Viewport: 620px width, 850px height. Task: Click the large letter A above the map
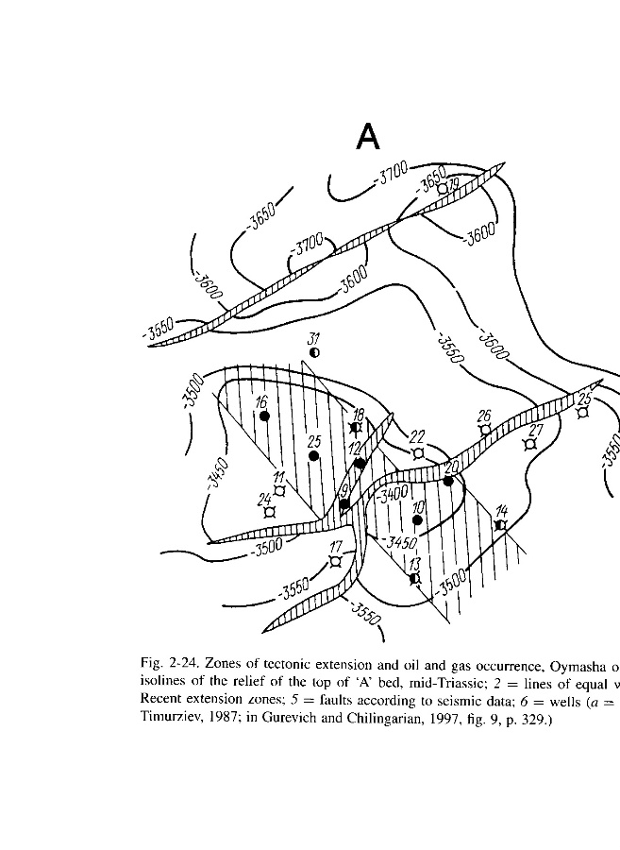tap(368, 138)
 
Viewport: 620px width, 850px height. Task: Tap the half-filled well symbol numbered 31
tap(315, 352)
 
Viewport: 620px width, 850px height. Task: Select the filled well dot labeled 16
tap(265, 416)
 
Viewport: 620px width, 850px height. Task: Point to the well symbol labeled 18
tap(356, 429)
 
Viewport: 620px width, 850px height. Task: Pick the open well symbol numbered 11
tap(279, 490)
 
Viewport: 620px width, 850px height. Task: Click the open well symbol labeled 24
tap(270, 511)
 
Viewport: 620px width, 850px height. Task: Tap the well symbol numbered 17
tap(335, 561)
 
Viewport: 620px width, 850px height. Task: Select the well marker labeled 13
tap(414, 578)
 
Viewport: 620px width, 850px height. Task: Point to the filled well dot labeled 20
tap(449, 481)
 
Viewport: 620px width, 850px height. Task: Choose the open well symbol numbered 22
tap(418, 451)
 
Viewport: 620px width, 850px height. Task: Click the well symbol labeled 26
tap(485, 429)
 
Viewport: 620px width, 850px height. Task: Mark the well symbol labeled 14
tap(501, 524)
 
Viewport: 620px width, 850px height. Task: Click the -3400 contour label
tap(393, 493)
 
